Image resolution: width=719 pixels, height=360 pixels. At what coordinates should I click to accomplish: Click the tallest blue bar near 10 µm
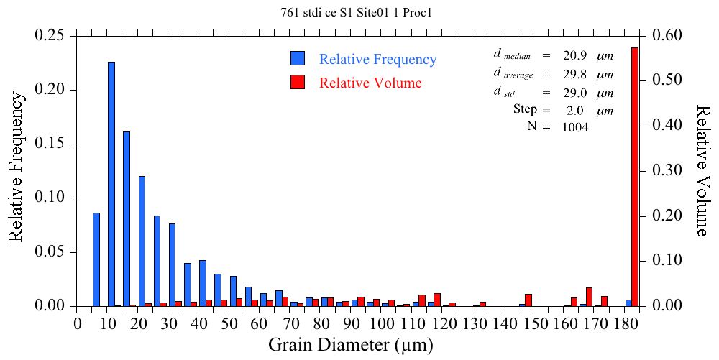pyautogui.click(x=111, y=184)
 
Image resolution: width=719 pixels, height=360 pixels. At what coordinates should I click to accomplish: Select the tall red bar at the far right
pyautogui.click(x=635, y=177)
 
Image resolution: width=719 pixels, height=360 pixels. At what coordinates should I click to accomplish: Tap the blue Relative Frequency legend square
pyautogui.click(x=298, y=59)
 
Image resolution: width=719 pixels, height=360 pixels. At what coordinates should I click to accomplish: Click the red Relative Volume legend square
pyautogui.click(x=298, y=82)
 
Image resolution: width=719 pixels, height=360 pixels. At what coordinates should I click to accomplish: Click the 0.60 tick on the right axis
pyautogui.click(x=668, y=35)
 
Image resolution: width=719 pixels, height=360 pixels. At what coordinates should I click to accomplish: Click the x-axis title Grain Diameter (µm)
pyautogui.click(x=351, y=345)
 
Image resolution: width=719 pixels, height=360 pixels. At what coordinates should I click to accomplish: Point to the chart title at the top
pyautogui.click(x=359, y=12)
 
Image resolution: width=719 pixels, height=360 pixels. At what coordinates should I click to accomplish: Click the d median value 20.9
pyautogui.click(x=574, y=55)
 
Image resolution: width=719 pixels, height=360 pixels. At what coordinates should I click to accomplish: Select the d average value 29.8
pyautogui.click(x=574, y=74)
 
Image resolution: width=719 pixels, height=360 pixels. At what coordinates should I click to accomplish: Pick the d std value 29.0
pyautogui.click(x=574, y=93)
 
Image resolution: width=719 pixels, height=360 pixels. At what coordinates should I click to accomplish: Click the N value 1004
pyautogui.click(x=575, y=127)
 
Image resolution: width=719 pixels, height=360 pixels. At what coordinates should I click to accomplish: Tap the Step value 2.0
pyautogui.click(x=574, y=110)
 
